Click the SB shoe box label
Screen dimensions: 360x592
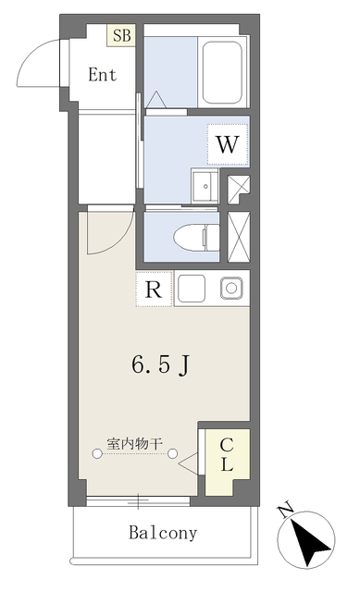tap(122, 35)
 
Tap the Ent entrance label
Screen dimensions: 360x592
tap(103, 74)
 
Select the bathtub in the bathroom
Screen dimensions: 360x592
tap(222, 72)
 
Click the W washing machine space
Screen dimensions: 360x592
tap(228, 144)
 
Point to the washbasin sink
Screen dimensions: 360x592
tap(205, 186)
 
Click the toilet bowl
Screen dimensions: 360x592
tap(196, 238)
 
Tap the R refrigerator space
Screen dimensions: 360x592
tap(154, 290)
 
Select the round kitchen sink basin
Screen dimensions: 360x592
tap(231, 289)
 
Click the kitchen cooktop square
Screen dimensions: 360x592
tap(192, 289)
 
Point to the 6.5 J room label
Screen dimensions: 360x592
tap(160, 365)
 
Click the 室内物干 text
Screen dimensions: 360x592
tap(134, 443)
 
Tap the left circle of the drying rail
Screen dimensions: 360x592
tap(97, 453)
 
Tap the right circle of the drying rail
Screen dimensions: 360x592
tap(173, 453)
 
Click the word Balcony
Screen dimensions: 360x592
tap(163, 533)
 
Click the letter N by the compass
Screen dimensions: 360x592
tap(286, 510)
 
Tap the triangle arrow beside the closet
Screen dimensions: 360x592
tap(188, 463)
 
